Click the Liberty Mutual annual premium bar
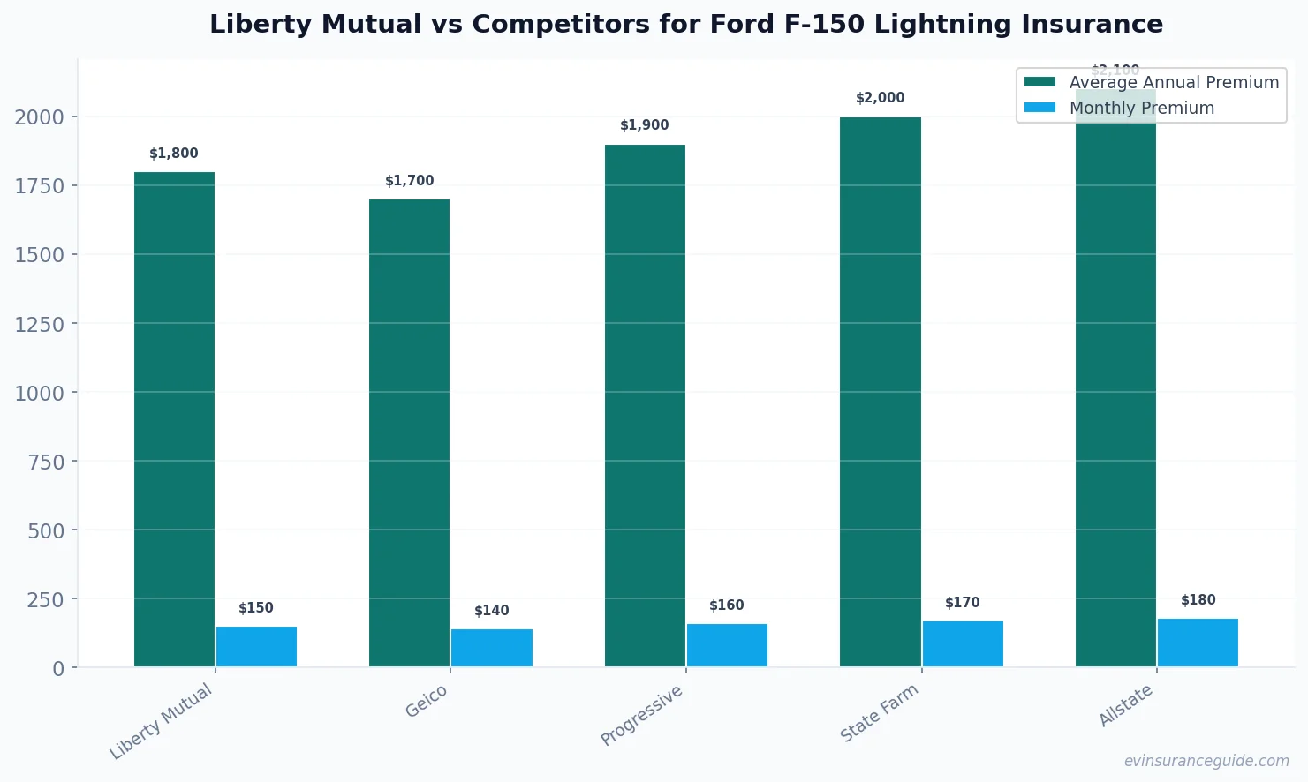174,419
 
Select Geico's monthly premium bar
491,648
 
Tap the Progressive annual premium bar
645,406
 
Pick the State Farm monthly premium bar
963,643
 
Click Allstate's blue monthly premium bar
1198,643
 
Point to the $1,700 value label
410,181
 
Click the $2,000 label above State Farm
880,98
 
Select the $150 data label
256,608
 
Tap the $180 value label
1198,600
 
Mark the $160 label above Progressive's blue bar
727,605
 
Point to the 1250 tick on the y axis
40,324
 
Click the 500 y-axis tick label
46,530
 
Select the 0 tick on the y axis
58,669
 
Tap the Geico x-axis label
427,702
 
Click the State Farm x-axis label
879,713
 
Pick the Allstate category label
1125,705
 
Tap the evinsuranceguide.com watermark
1206,761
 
